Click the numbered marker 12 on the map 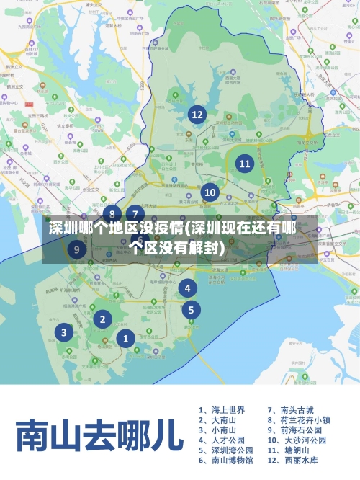197,114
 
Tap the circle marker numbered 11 245,163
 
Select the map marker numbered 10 210,192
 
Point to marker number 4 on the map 188,288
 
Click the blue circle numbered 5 191,310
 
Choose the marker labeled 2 103,319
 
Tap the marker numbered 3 64,332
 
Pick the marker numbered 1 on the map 126,338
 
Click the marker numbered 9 77,250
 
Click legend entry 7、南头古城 291,409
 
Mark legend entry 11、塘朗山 288,450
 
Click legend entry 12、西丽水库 292,460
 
